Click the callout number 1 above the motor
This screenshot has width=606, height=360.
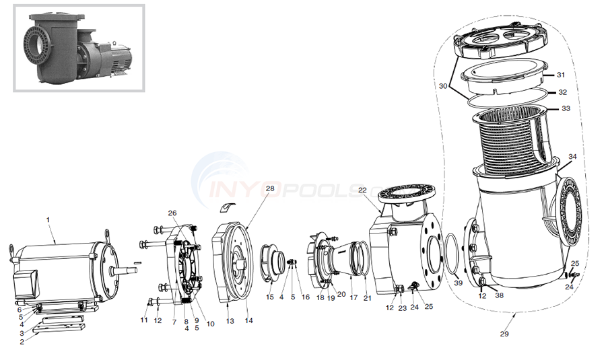pos(48,219)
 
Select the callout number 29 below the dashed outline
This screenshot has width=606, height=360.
pos(505,334)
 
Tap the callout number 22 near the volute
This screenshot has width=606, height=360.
pos(362,190)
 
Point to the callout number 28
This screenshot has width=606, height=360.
pos(270,188)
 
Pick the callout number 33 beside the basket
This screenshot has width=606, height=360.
pos(566,108)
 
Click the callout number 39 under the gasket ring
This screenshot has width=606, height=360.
pos(459,284)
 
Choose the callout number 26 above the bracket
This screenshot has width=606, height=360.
pos(172,213)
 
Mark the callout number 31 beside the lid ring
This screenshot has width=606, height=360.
pos(561,75)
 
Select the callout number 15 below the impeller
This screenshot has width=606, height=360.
pos(270,297)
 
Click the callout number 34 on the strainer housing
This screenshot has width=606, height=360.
pos(572,157)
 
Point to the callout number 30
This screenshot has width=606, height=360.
pos(442,86)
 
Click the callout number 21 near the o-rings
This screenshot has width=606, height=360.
pos(367,297)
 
